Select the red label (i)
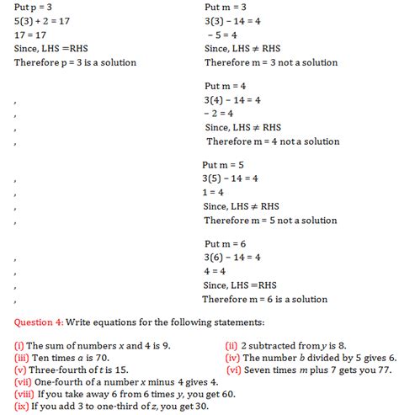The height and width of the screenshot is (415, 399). pos(19,346)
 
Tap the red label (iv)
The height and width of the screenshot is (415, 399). pos(234,357)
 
